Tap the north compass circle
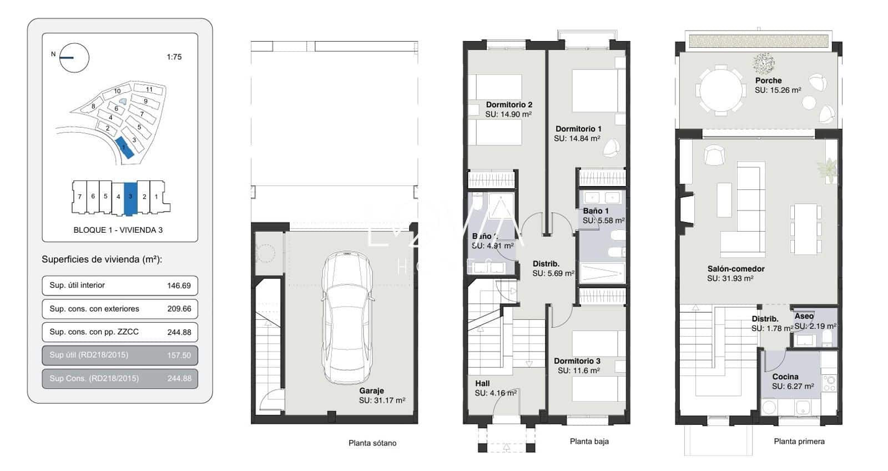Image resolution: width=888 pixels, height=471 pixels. [74, 58]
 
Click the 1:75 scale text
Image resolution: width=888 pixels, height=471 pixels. [174, 57]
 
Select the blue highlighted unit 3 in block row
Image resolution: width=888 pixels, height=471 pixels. [130, 197]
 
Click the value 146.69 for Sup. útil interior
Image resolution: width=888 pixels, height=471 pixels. [179, 285]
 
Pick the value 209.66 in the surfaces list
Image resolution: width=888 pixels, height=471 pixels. [179, 309]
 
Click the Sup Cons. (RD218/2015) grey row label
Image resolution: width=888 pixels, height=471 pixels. [94, 378]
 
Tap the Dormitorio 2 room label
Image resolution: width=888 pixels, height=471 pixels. [509, 104]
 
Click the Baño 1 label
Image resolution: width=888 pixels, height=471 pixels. [596, 211]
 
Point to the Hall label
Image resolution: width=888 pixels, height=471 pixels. [482, 383]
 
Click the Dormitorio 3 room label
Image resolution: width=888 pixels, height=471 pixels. [577, 361]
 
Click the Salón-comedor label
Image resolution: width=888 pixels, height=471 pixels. [735, 269]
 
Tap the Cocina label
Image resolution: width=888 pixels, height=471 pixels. [785, 377]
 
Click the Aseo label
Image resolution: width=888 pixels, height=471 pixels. [804, 316]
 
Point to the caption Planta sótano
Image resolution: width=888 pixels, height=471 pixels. [372, 443]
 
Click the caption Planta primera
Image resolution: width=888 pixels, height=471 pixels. [799, 442]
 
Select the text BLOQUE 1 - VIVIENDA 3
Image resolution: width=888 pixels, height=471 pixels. [118, 230]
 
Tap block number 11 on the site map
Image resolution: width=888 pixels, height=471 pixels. [149, 89]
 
